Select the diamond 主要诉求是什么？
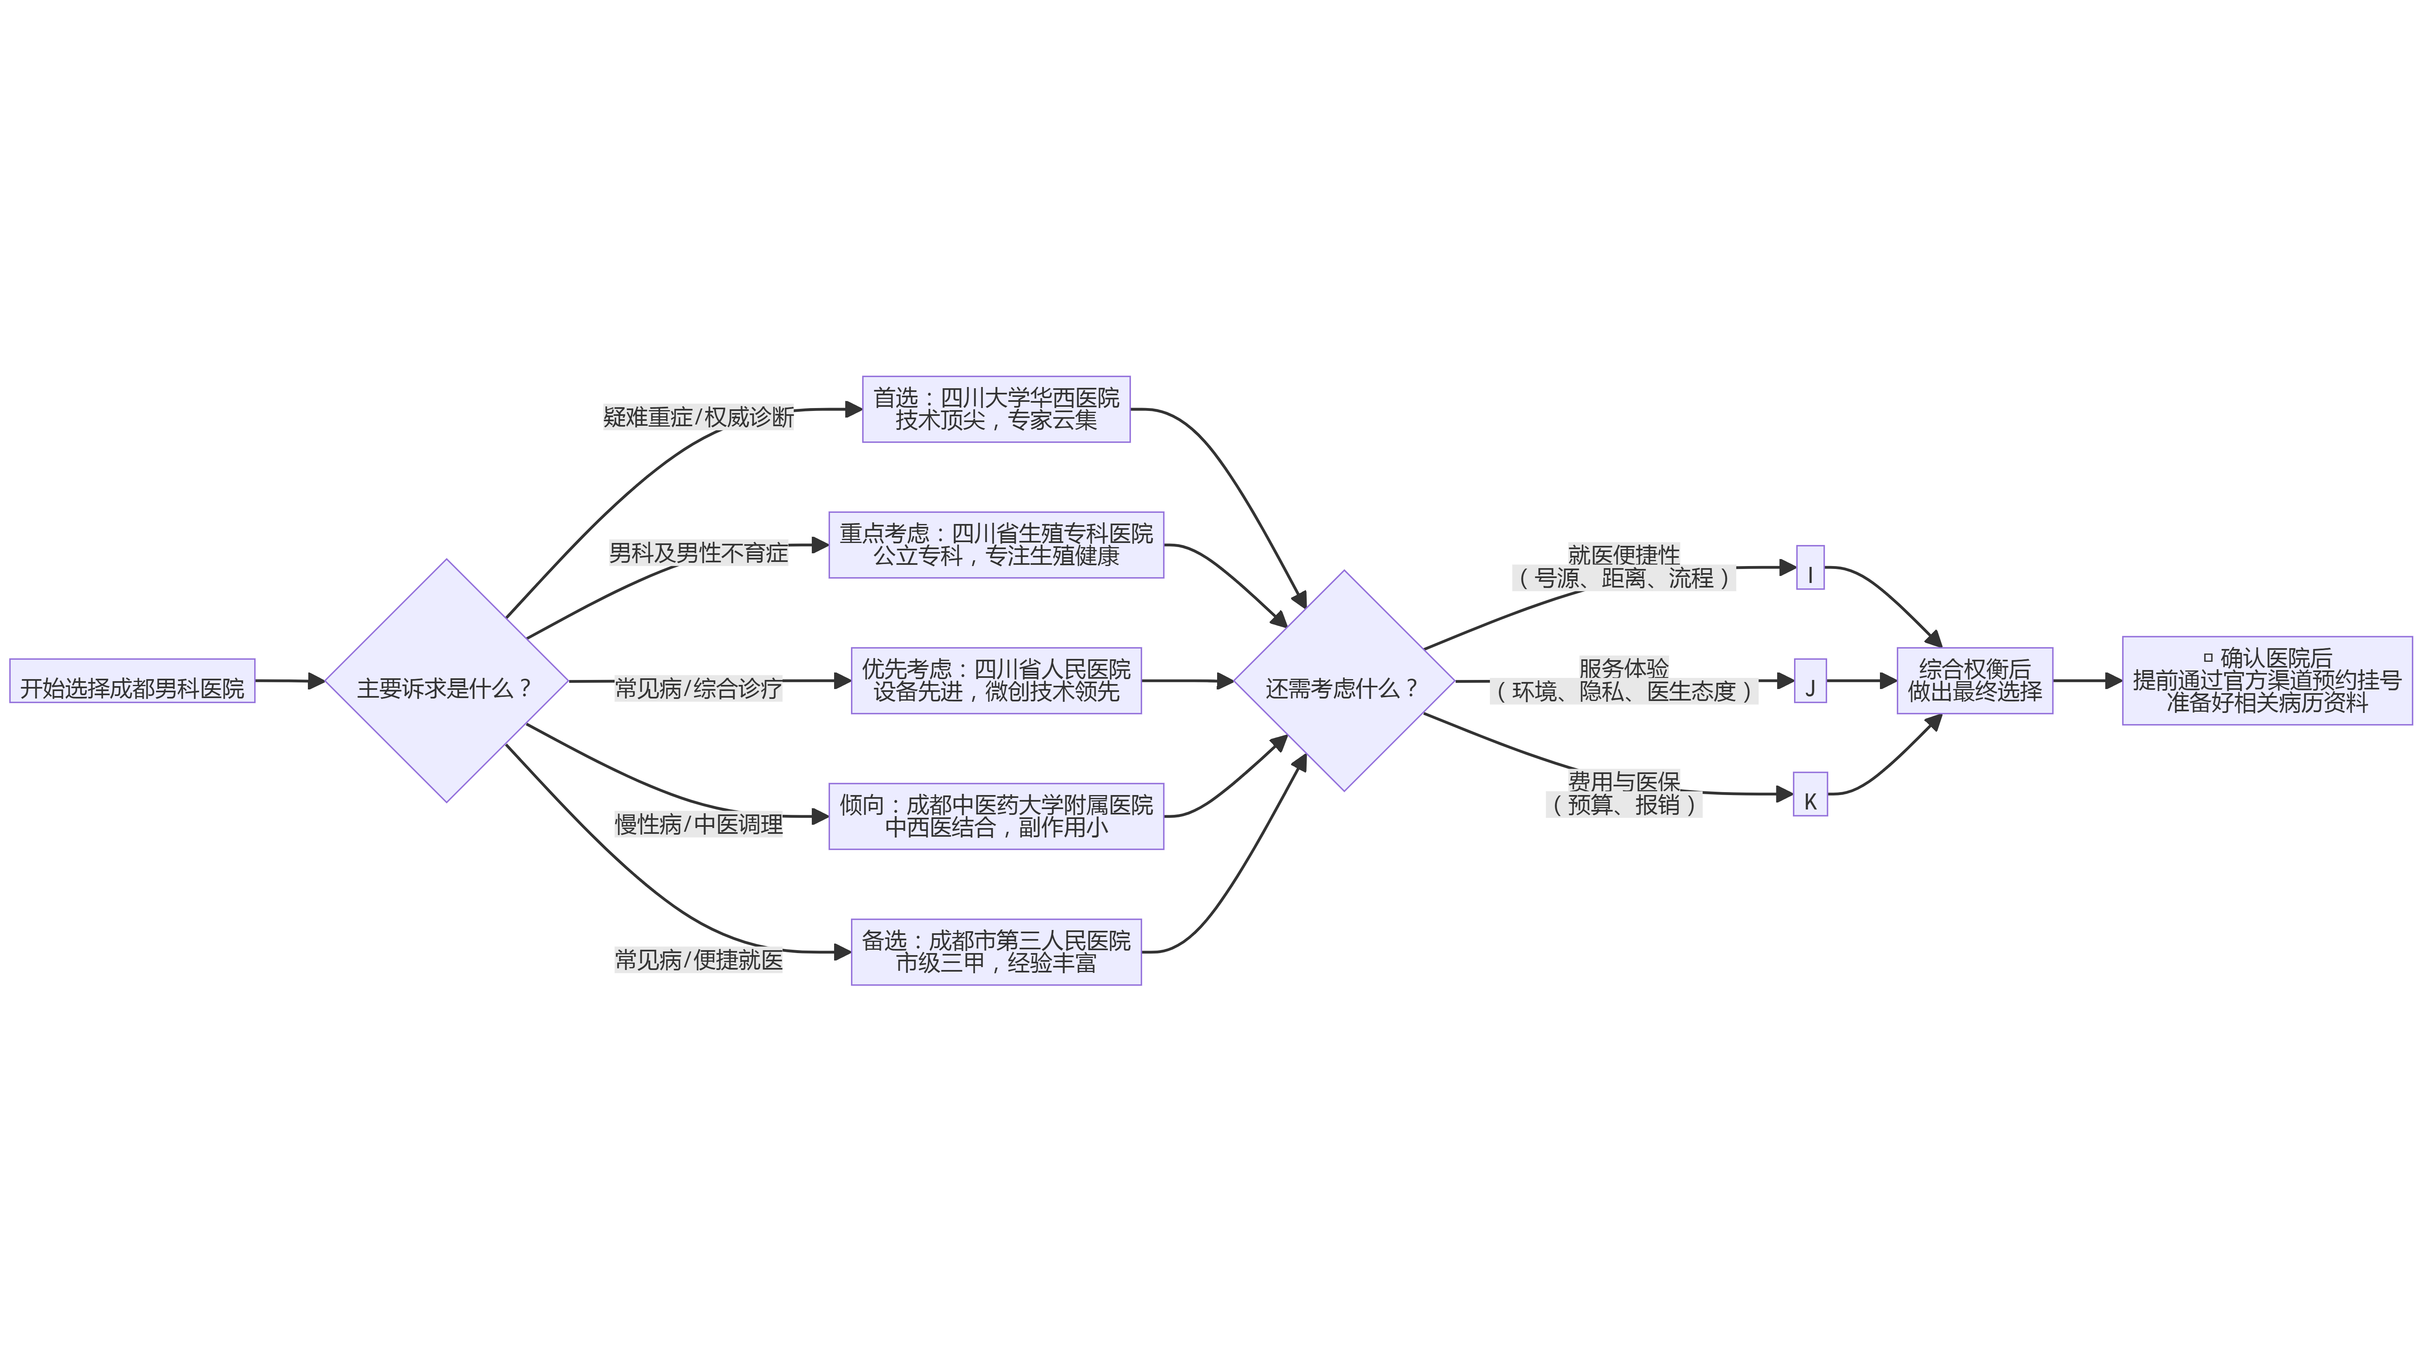(x=447, y=681)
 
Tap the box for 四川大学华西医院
(x=996, y=410)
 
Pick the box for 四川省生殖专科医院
(x=996, y=545)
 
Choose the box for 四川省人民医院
(x=996, y=681)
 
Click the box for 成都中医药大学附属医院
(x=996, y=817)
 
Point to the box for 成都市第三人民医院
(x=996, y=951)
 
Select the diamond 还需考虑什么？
(x=1344, y=681)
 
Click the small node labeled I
(x=1810, y=567)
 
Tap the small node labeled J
(x=1810, y=681)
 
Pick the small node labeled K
(x=1810, y=794)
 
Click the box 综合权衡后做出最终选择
(x=1974, y=681)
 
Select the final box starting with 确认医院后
(x=2267, y=681)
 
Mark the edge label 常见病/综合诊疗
(x=698, y=689)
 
